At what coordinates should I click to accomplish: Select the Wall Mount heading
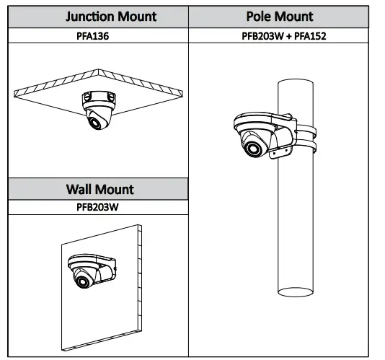99,189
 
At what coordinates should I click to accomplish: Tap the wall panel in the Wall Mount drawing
123,317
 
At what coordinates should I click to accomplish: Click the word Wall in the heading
80,189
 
